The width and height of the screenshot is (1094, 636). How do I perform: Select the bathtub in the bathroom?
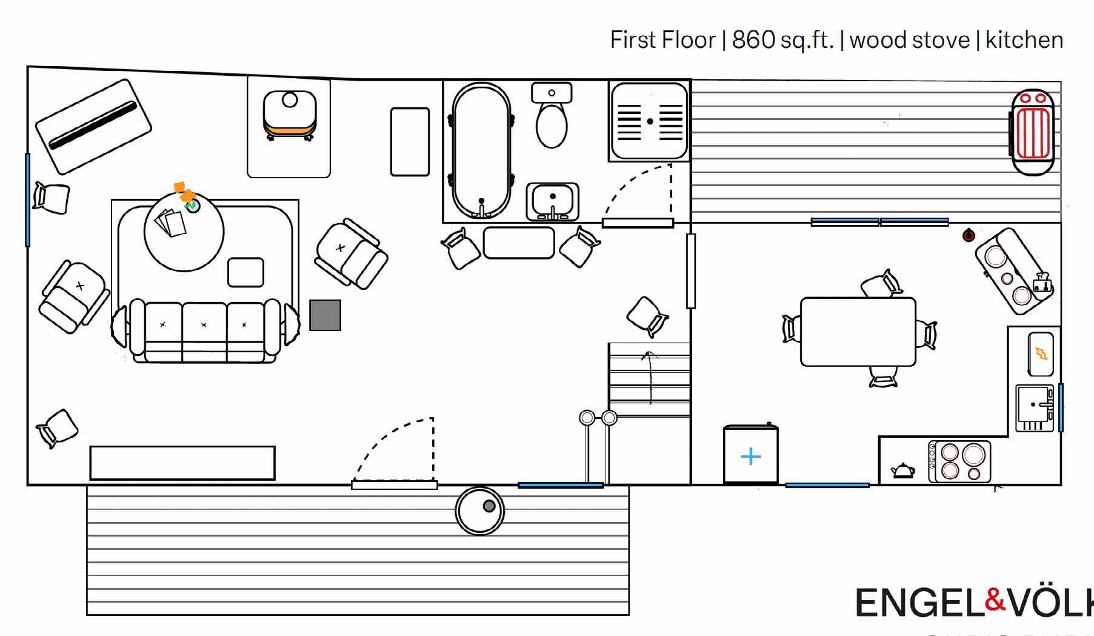pyautogui.click(x=481, y=150)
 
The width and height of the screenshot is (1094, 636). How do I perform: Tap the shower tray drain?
pyautogui.click(x=650, y=121)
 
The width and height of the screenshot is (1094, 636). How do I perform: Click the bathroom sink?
pyautogui.click(x=552, y=200)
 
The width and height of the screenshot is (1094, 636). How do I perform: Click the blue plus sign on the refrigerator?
pyautogui.click(x=750, y=456)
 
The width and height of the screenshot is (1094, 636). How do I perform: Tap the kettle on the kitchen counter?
pyautogui.click(x=902, y=470)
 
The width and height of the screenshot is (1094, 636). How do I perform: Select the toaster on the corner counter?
pyautogui.click(x=1042, y=283)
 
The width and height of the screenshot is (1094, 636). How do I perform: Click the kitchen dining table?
pyautogui.click(x=858, y=332)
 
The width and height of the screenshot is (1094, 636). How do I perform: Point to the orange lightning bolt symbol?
pyautogui.click(x=1041, y=353)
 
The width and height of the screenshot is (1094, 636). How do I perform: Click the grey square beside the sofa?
pyautogui.click(x=325, y=315)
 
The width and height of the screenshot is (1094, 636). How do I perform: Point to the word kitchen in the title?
pyautogui.click(x=1024, y=40)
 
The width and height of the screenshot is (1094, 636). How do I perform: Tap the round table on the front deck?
pyautogui.click(x=479, y=511)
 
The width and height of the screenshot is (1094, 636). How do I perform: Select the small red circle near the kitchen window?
pyautogui.click(x=969, y=235)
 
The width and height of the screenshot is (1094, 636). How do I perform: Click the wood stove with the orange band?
pyautogui.click(x=290, y=115)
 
